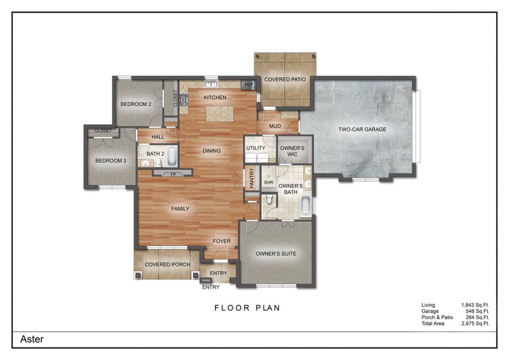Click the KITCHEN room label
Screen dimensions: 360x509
215,97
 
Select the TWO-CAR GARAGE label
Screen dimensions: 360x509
362,129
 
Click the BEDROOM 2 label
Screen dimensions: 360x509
135,104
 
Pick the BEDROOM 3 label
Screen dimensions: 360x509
111,160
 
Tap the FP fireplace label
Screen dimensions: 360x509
173,175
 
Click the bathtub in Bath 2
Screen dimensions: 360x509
171,157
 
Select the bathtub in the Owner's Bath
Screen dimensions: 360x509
305,208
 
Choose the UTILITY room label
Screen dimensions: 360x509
255,147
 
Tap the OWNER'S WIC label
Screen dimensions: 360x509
293,151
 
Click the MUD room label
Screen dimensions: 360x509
275,126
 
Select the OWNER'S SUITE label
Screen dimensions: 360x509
276,254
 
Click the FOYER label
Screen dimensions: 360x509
222,241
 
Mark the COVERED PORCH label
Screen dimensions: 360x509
168,265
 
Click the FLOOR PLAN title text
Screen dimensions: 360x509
248,308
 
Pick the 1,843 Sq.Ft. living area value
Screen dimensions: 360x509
475,305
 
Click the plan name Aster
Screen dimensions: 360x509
32,339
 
